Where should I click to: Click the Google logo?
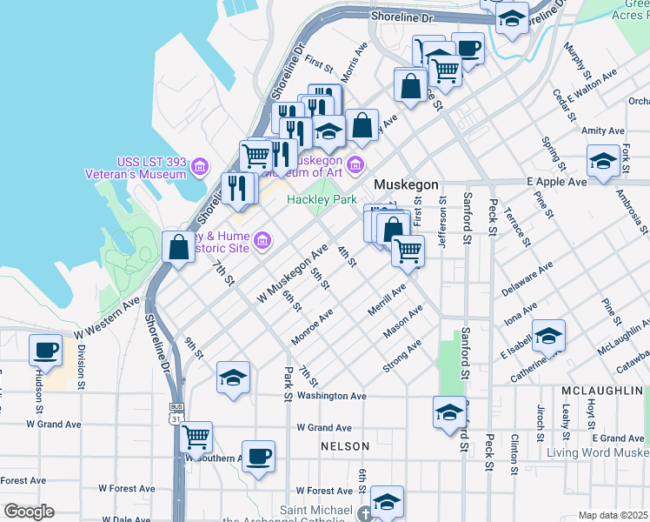29,512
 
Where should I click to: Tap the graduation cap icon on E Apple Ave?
603,161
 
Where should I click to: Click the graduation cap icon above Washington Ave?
233,378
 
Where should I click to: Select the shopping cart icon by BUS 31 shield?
196,436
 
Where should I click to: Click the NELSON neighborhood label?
345,446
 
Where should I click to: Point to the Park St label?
286,384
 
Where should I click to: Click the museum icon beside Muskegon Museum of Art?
355,164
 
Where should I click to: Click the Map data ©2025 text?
613,515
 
